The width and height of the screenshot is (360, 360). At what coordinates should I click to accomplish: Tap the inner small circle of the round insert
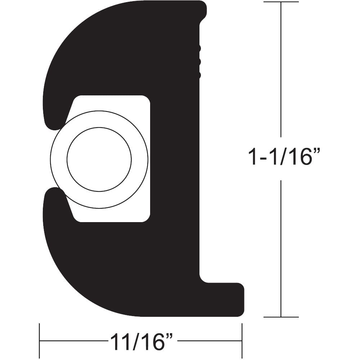(x=99, y=159)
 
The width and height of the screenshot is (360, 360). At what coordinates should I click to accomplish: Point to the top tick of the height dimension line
(x=281, y=2)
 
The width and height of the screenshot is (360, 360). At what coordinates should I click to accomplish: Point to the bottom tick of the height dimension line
(x=281, y=317)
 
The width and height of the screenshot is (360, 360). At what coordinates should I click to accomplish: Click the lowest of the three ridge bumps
(x=198, y=75)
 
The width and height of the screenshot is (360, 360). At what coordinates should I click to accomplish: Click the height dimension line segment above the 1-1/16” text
(x=281, y=72)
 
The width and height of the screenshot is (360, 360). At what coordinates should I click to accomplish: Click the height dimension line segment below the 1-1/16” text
(x=281, y=248)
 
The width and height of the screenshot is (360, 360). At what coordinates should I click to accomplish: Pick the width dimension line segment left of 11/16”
(x=72, y=341)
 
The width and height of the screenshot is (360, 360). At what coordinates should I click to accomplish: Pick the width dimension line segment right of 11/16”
(x=209, y=341)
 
